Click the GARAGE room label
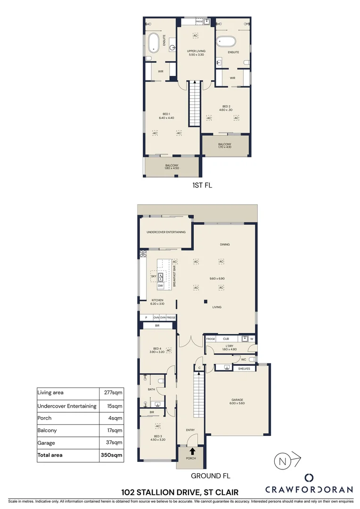tap(237, 401)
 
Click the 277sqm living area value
tap(113, 392)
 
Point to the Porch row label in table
tap(46, 418)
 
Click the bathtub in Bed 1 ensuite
tap(154, 43)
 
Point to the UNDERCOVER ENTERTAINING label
tap(166, 232)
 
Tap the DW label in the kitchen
tap(161, 286)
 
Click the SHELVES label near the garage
tap(244, 369)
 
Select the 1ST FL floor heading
tap(202, 185)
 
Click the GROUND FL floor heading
tap(210, 476)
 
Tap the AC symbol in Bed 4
tap(169, 350)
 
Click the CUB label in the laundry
tap(226, 339)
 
